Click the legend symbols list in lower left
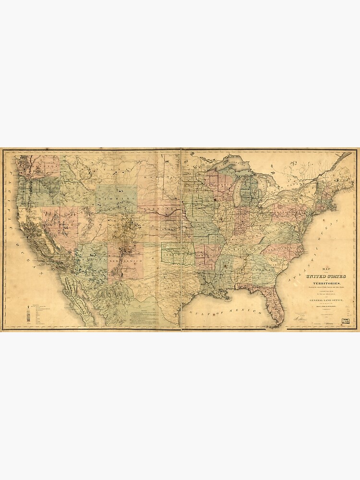click(x=34, y=314)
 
